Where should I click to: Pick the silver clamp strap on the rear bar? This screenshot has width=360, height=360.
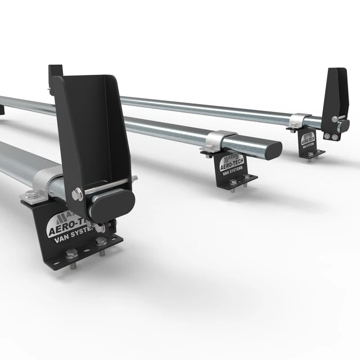click(299, 119)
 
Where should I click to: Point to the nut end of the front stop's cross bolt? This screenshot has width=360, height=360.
click(134, 180)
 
